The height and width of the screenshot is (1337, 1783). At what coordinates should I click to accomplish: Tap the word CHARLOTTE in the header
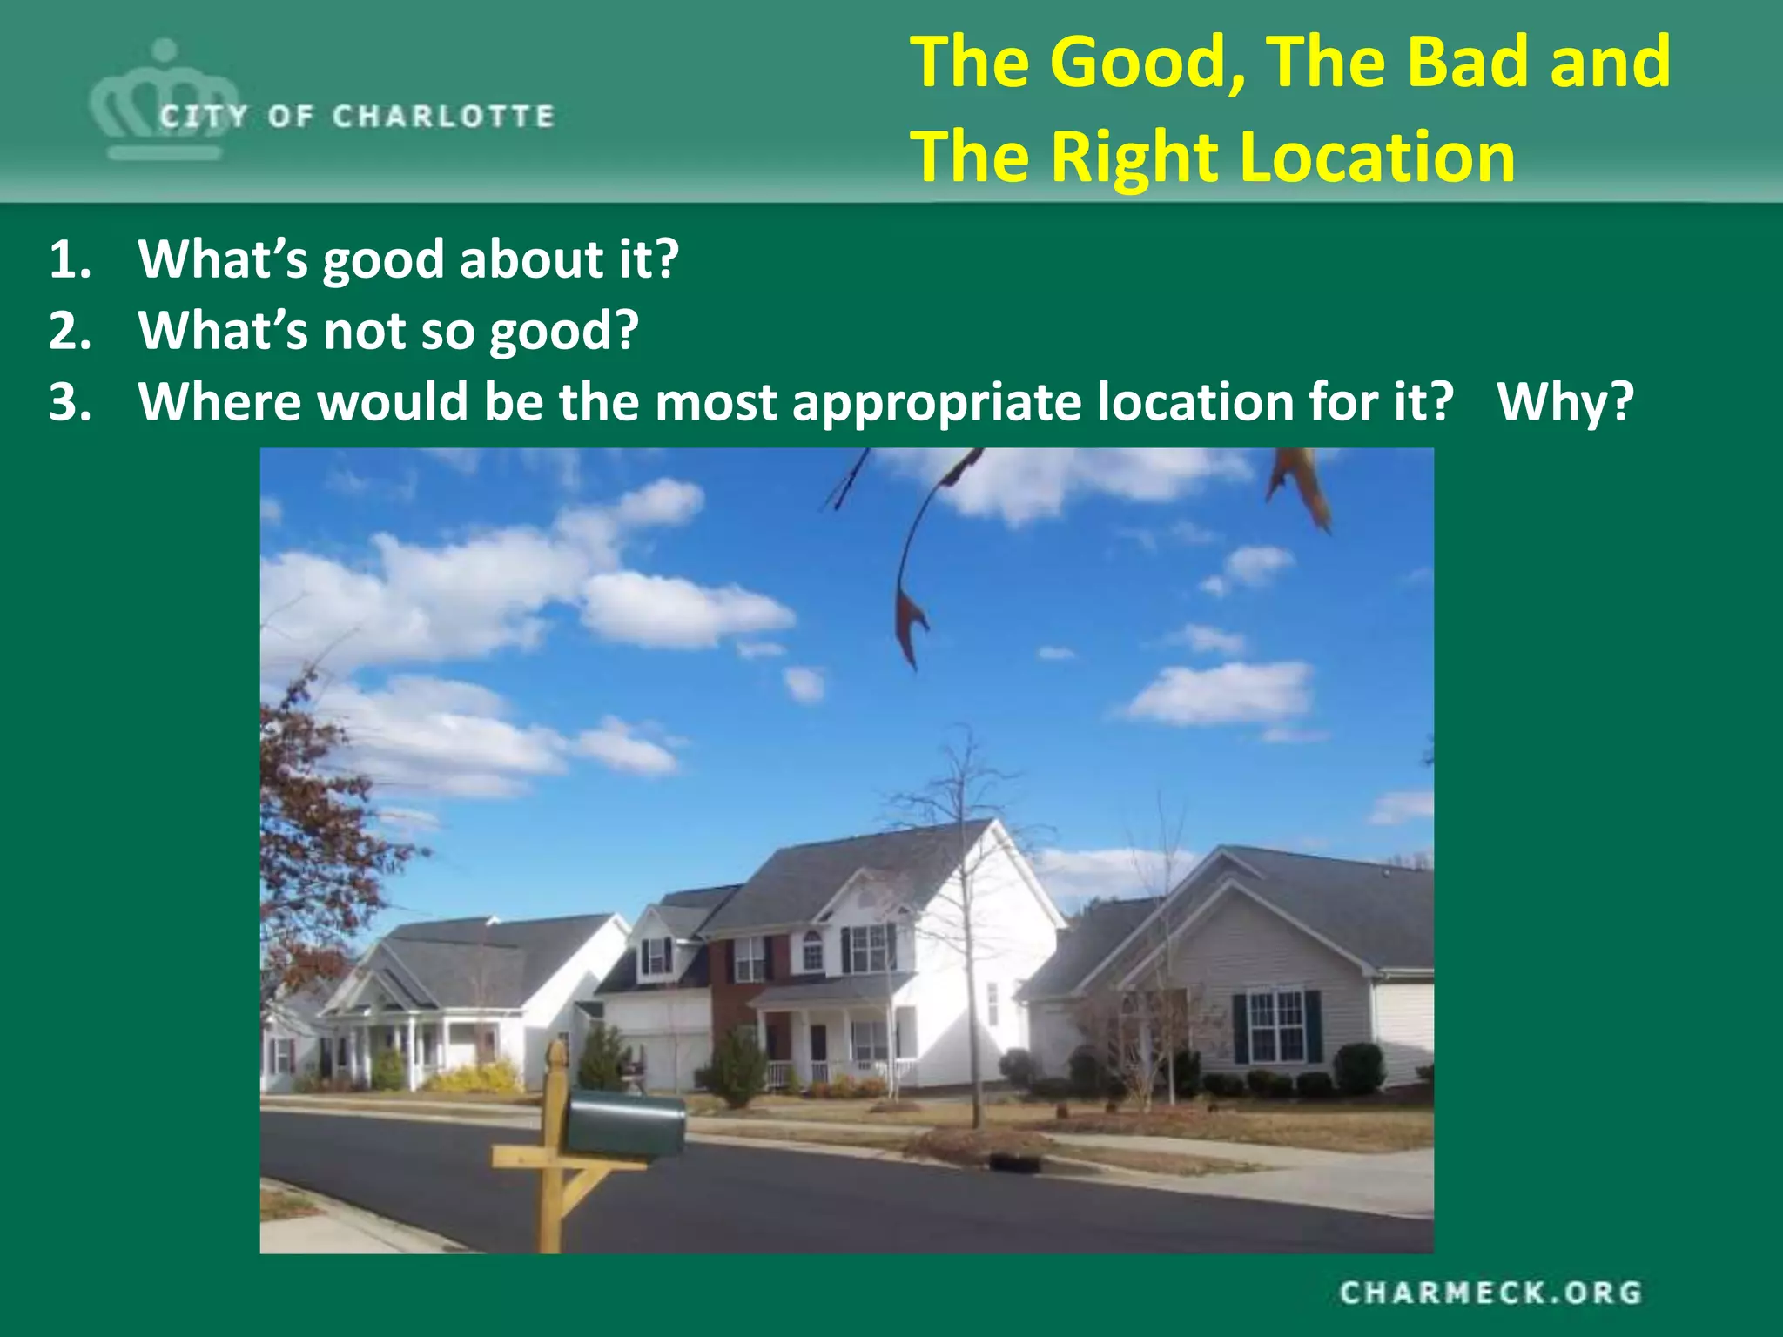pyautogui.click(x=443, y=117)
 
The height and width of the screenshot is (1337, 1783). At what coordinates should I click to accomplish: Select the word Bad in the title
pyautogui.click(x=1470, y=63)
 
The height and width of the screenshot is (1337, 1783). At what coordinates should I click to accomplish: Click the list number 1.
pyautogui.click(x=69, y=259)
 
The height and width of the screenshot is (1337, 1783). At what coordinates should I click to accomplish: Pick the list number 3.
pyautogui.click(x=70, y=402)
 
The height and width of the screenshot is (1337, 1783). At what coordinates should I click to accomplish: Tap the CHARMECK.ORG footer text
pyautogui.click(x=1490, y=1293)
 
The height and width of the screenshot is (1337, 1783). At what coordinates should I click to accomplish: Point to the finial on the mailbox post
pyautogui.click(x=555, y=1057)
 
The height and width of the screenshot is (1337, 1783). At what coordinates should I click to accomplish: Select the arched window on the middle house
pyautogui.click(x=811, y=949)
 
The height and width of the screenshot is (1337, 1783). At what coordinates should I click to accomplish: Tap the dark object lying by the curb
pyautogui.click(x=1014, y=1162)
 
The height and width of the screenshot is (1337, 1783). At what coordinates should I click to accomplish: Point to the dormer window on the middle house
pyautogui.click(x=656, y=956)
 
